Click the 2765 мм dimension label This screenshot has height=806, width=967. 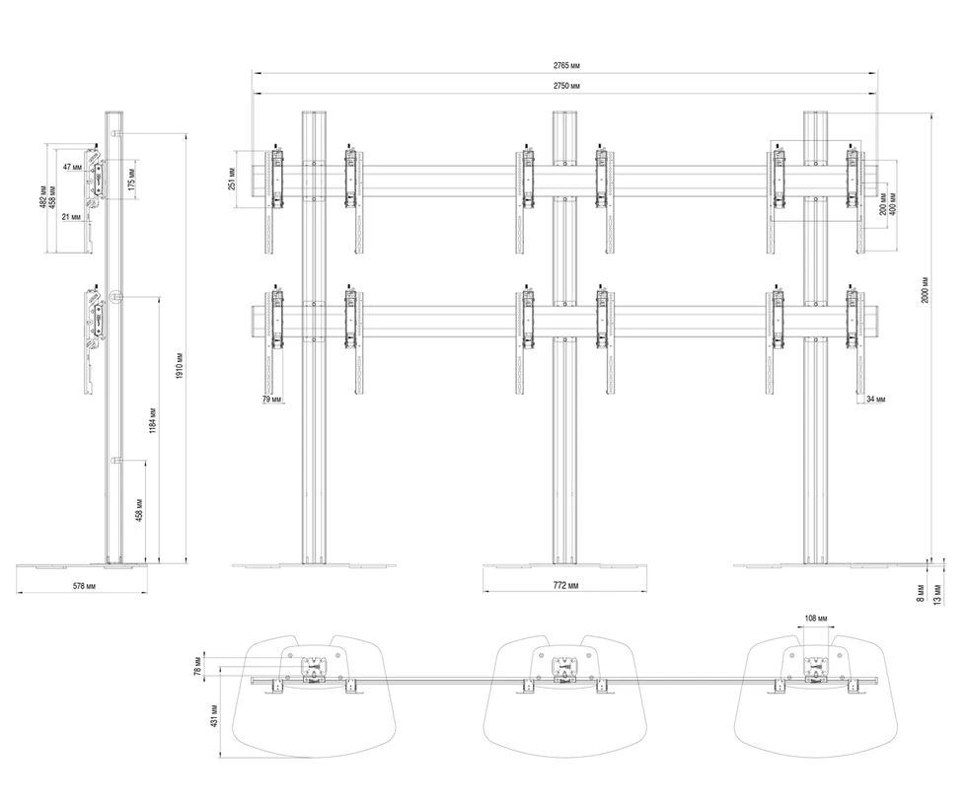pos(566,64)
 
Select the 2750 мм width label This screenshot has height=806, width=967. pos(566,87)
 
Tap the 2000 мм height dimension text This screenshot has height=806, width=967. pos(925,289)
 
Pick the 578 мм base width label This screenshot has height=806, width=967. pos(83,586)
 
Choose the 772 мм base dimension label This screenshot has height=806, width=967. pos(564,586)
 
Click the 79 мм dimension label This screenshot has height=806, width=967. pos(271,399)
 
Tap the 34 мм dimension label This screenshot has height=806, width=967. pos(874,399)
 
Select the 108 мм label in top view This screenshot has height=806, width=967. pos(816,619)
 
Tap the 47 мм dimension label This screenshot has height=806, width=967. pos(72,168)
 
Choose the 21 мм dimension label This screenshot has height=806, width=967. pos(71,216)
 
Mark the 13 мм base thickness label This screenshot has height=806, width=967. pos(936,593)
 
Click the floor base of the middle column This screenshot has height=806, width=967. pos(564,566)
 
